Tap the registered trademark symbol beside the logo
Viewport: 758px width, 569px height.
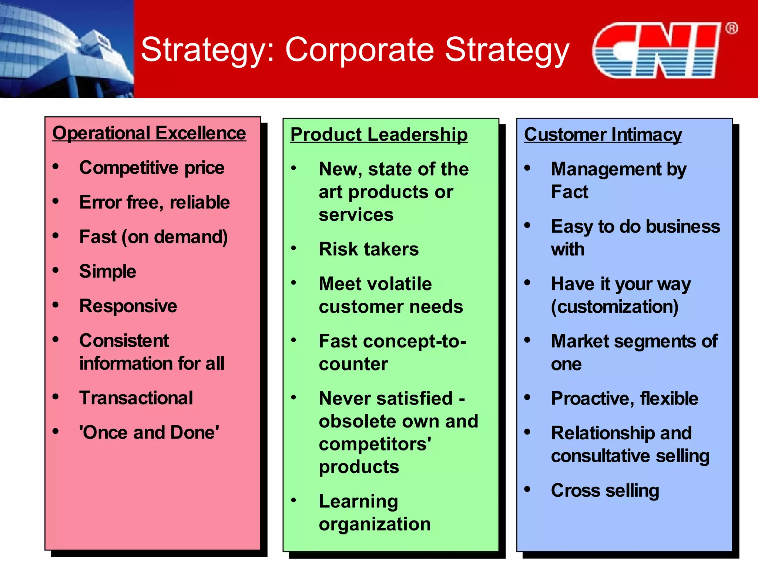[731, 29]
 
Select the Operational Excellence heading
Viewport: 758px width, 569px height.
[149, 133]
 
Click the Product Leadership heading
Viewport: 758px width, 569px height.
[379, 134]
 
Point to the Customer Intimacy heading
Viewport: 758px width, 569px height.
[603, 134]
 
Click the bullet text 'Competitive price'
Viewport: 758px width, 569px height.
[152, 168]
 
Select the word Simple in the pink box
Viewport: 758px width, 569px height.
[108, 272]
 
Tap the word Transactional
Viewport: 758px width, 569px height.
[136, 398]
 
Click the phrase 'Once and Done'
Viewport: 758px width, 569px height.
[149, 433]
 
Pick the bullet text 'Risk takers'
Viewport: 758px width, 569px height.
[369, 249]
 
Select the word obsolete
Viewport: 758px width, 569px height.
[358, 422]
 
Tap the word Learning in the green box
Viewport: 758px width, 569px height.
[358, 502]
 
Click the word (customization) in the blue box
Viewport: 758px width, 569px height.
[614, 307]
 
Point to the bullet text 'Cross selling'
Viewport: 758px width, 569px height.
[605, 491]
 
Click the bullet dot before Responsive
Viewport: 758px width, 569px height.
[56, 305]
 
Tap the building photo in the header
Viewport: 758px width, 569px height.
[67, 49]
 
